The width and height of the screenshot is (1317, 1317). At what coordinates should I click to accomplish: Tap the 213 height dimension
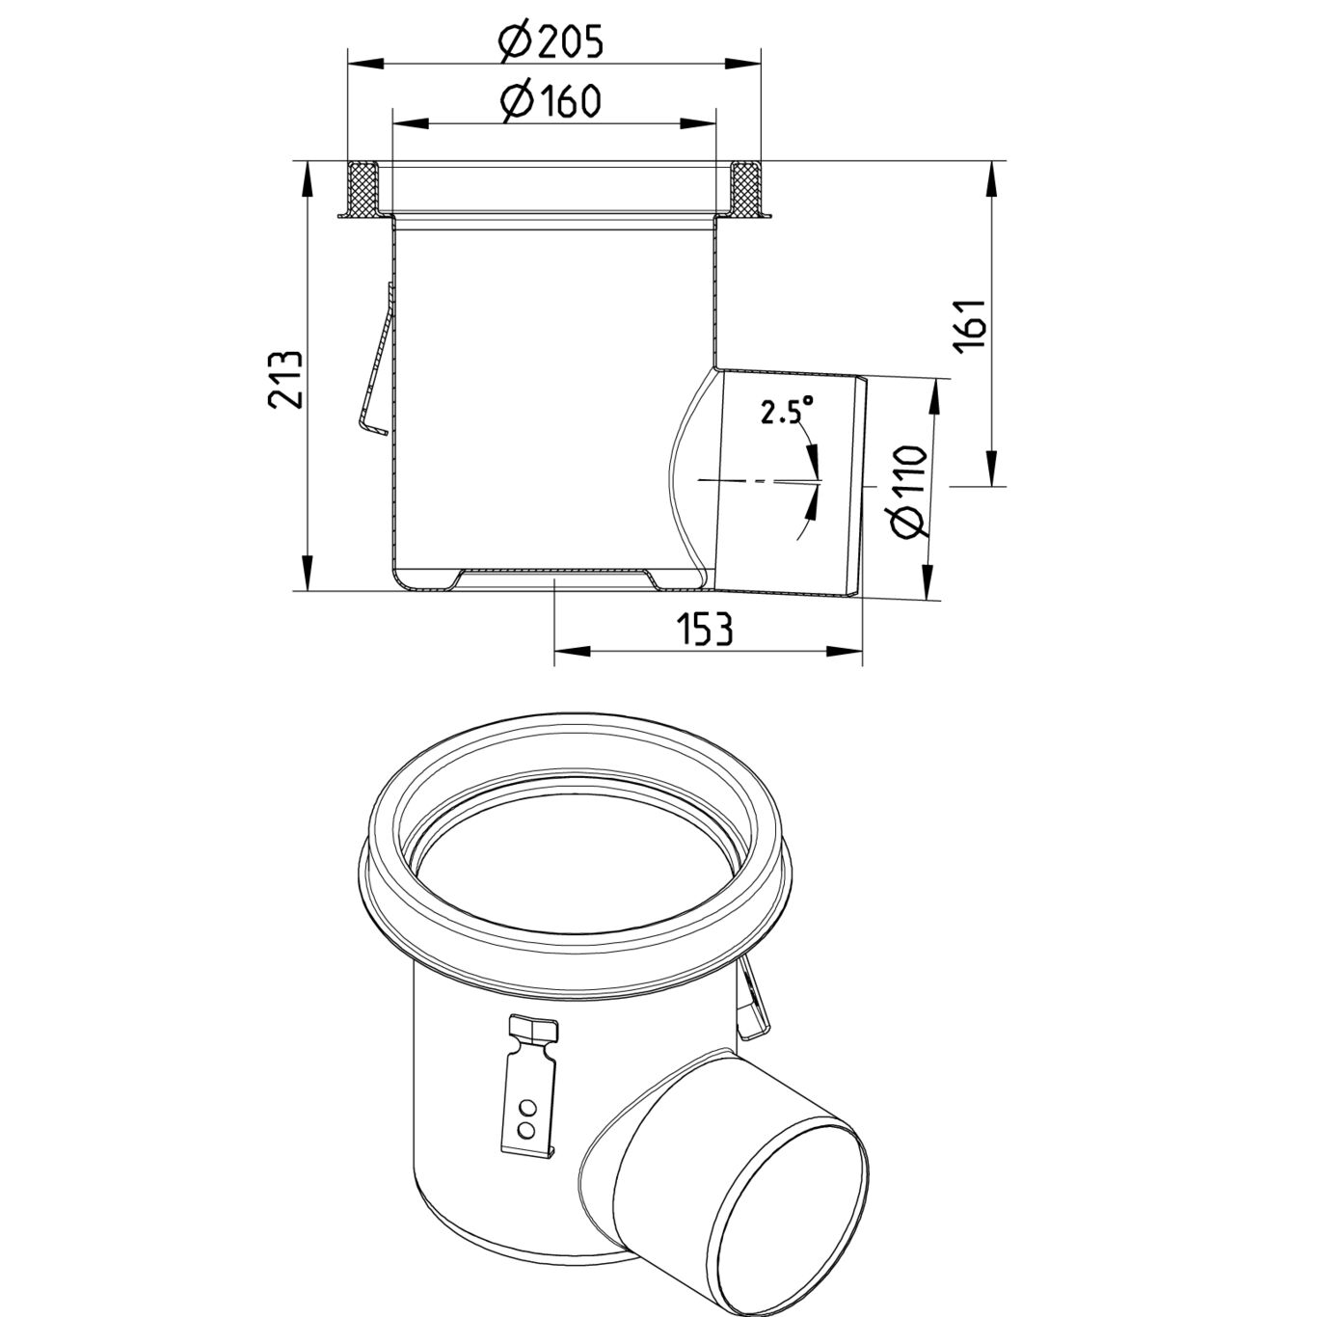point(287,379)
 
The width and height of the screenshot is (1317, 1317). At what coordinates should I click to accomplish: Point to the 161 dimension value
point(972,326)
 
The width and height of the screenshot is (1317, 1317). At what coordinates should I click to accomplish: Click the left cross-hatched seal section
point(363,188)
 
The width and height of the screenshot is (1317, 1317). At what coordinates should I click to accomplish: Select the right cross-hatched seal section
point(745,188)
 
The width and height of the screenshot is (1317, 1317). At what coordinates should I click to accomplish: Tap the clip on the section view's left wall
point(376,366)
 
